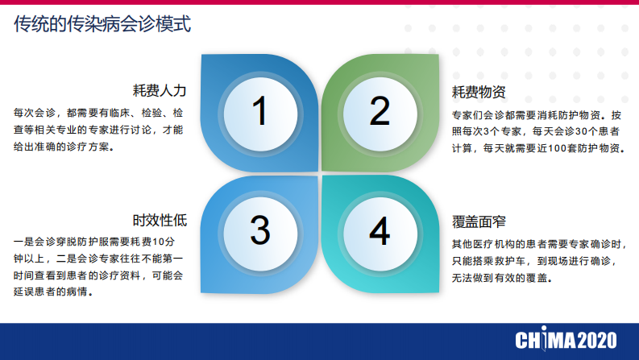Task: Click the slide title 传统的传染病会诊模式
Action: pos(102,25)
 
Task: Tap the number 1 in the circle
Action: pos(259,111)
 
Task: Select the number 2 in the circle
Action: pos(380,111)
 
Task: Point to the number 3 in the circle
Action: pos(259,231)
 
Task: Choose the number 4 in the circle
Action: pos(380,231)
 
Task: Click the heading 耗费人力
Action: pos(160,90)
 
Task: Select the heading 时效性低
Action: pos(160,220)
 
